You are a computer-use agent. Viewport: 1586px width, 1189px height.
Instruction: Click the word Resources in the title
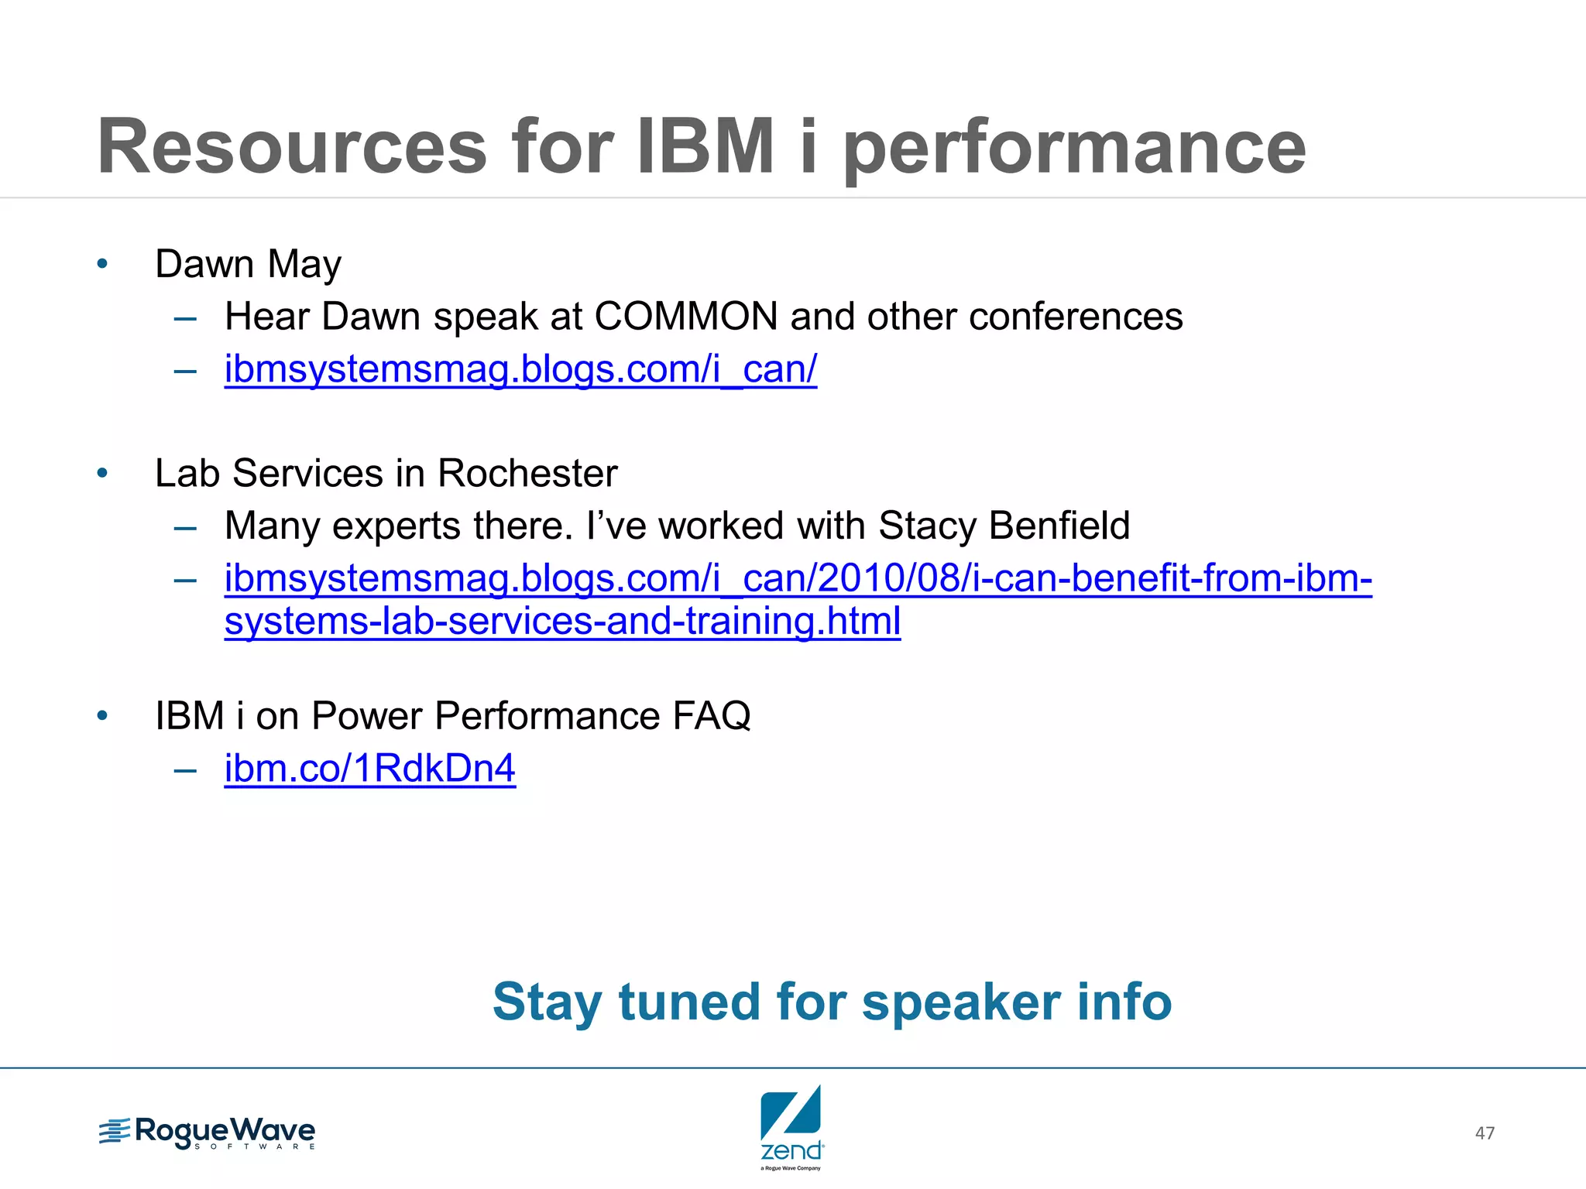click(x=292, y=147)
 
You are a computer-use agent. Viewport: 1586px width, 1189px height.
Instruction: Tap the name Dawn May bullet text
click(x=248, y=265)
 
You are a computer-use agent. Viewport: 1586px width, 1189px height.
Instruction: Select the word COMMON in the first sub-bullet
click(x=686, y=317)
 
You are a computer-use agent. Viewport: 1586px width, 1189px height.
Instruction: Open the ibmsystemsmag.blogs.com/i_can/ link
click(x=520, y=369)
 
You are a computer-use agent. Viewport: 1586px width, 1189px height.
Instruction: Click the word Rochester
click(x=527, y=474)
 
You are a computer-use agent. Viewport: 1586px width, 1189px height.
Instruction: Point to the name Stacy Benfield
click(x=1004, y=526)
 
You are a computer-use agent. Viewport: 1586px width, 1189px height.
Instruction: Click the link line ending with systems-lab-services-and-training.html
click(x=562, y=622)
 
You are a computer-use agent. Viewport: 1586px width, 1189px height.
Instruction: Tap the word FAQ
click(x=712, y=716)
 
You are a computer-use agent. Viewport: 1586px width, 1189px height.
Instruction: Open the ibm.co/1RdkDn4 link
click(x=369, y=769)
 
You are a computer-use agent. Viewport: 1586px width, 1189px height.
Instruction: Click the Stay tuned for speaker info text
click(x=832, y=1002)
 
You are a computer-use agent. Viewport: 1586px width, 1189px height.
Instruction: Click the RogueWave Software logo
click(x=208, y=1133)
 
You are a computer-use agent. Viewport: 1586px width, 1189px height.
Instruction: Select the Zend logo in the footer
click(x=791, y=1127)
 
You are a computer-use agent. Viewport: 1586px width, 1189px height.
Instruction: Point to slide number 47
click(x=1485, y=1133)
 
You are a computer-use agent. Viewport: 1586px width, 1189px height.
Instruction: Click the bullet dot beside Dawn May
click(x=102, y=265)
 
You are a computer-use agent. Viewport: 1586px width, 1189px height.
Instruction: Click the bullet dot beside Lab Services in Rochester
click(x=102, y=474)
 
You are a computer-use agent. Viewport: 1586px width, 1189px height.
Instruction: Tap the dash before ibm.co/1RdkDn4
click(x=186, y=770)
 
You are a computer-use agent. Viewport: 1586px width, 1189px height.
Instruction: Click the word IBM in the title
click(x=705, y=147)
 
